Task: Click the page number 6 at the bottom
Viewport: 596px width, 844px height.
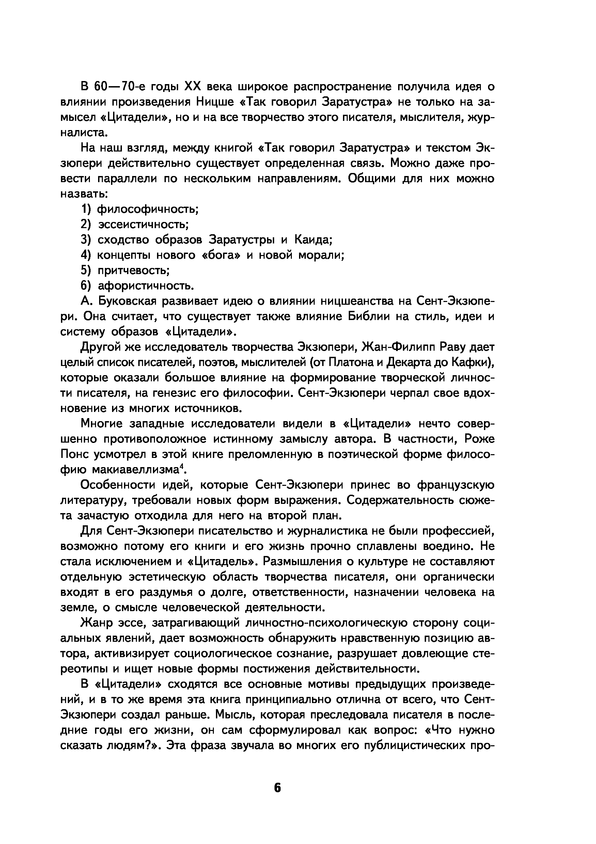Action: (277, 788)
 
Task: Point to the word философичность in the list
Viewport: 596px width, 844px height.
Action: (147, 209)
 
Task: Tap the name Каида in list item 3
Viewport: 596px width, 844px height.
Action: (313, 240)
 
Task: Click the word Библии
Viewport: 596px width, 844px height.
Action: (368, 317)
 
